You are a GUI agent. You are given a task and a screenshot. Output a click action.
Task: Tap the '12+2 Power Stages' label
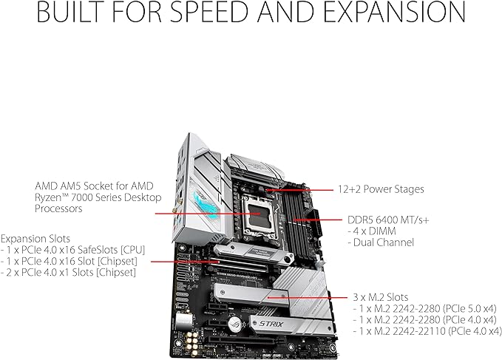pyautogui.click(x=381, y=189)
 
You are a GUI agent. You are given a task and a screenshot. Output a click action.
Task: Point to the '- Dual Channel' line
pyautogui.click(x=380, y=242)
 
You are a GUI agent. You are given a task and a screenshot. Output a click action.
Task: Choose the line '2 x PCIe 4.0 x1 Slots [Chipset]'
pyautogui.click(x=70, y=273)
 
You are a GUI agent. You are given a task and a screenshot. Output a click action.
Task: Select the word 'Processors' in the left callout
pyautogui.click(x=59, y=209)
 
